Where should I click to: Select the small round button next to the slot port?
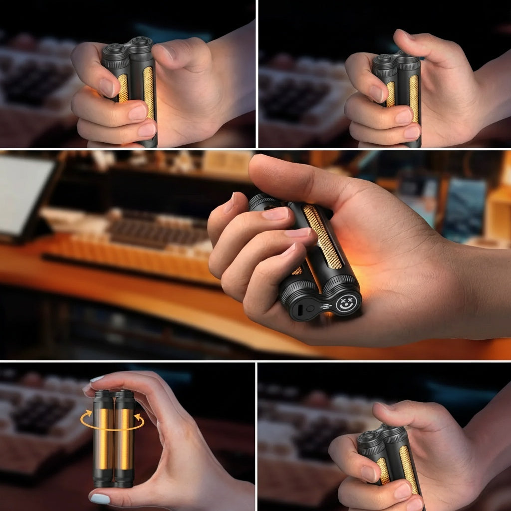pyautogui.click(x=311, y=308)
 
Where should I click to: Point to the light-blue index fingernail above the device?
pyautogui.click(x=96, y=380)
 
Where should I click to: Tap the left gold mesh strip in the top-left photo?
pyautogui.click(x=123, y=88)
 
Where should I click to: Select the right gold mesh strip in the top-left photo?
pyautogui.click(x=148, y=92)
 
